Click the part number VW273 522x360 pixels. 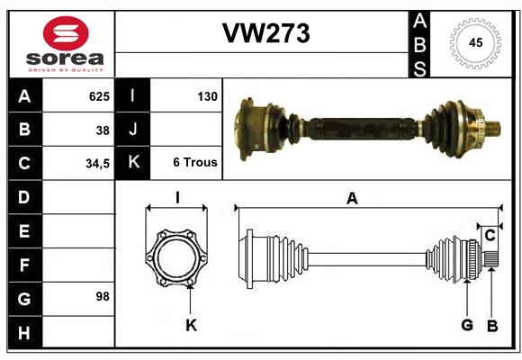(x=266, y=33)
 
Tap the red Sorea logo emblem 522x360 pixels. (x=66, y=33)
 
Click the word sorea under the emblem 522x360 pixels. (x=65, y=58)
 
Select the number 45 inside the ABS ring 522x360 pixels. (x=475, y=42)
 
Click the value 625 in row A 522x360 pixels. (x=99, y=96)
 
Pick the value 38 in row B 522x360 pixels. (x=103, y=130)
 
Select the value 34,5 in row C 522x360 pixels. (x=97, y=164)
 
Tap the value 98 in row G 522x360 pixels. (x=103, y=296)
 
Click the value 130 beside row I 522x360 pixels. (x=207, y=96)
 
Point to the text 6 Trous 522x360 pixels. (x=195, y=162)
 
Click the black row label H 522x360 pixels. (x=24, y=332)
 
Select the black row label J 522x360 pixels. (x=132, y=129)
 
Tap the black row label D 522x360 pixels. (x=24, y=197)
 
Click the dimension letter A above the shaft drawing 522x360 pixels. (x=352, y=199)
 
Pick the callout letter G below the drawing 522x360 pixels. (x=467, y=325)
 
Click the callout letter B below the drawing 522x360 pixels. (x=492, y=326)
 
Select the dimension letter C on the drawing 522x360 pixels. (x=490, y=236)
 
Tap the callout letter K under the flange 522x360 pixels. (x=191, y=325)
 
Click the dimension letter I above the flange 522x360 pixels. (x=177, y=197)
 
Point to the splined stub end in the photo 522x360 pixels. (x=493, y=129)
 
